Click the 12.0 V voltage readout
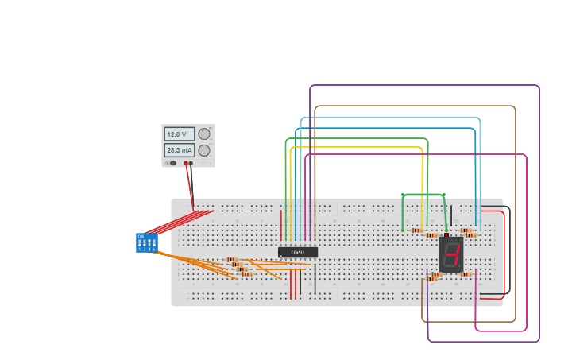point(179,134)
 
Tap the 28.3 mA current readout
point(179,149)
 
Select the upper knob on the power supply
point(204,134)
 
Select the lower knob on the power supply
point(204,150)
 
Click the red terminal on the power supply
point(186,164)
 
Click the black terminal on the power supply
point(191,164)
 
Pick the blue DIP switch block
point(147,242)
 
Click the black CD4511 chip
point(298,252)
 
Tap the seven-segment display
point(451,254)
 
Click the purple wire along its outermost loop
point(424,85)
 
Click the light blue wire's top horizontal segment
point(389,118)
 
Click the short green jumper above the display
point(423,195)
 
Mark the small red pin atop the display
point(446,234)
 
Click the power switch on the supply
point(172,163)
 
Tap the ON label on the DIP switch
point(141,236)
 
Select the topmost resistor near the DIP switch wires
point(232,259)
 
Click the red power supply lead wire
point(189,187)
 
